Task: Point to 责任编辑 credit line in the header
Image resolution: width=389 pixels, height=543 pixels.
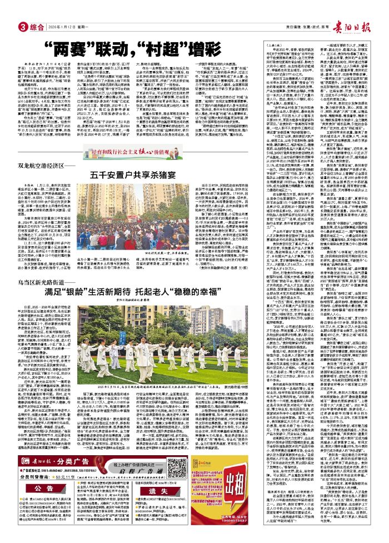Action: pos(290,11)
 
